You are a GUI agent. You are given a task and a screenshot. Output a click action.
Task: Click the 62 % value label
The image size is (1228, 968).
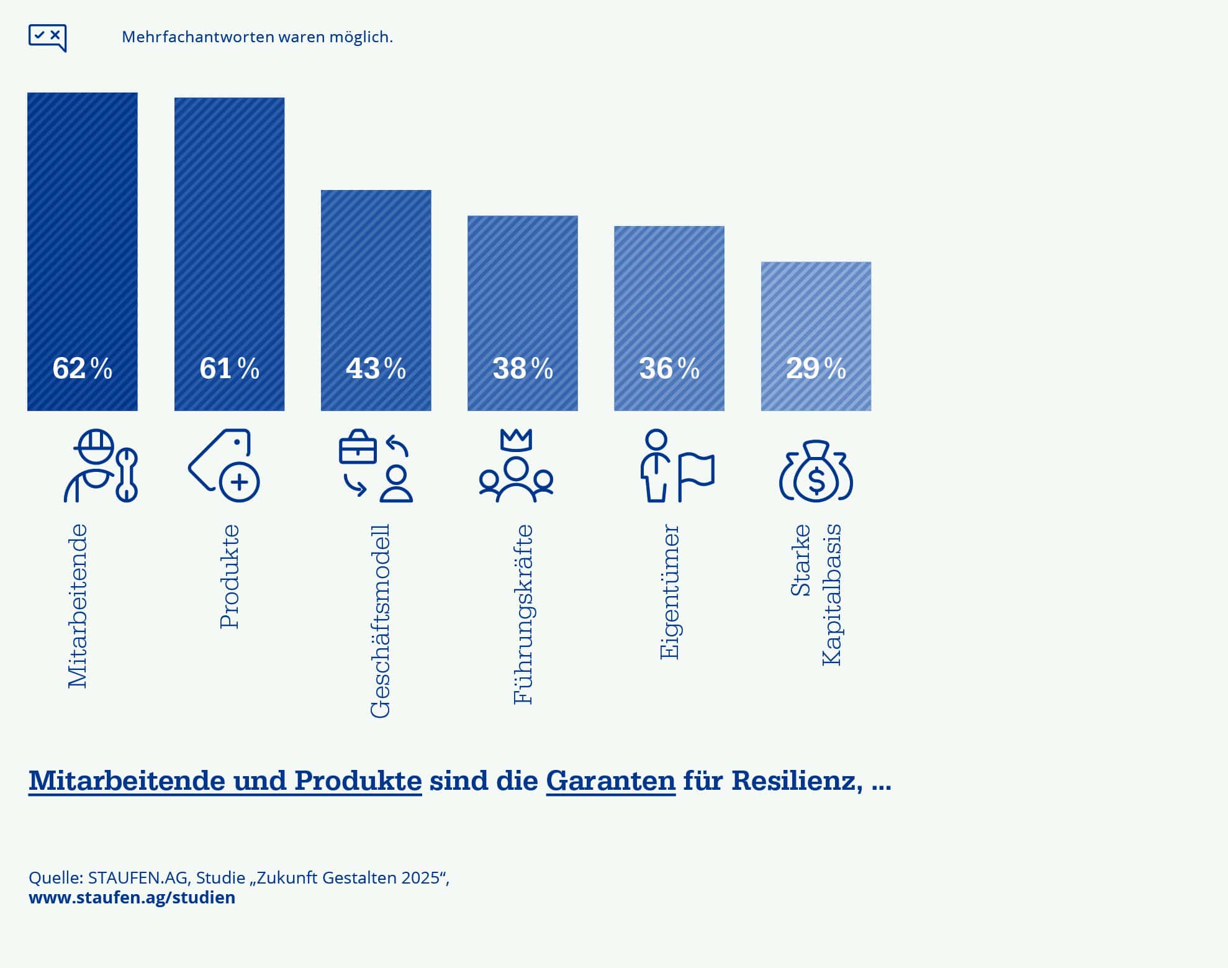point(82,368)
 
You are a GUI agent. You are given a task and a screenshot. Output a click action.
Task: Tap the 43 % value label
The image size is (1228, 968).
point(376,368)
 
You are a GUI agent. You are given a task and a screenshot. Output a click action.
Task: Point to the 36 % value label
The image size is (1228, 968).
point(669,368)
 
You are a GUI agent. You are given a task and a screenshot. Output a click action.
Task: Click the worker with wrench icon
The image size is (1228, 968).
point(100,466)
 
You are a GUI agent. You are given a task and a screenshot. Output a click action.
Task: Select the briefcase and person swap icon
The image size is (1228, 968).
point(376,466)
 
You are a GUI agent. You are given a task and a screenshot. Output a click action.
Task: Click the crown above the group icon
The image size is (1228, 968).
point(516,440)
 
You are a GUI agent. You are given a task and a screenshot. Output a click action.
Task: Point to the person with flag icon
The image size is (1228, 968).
point(677,466)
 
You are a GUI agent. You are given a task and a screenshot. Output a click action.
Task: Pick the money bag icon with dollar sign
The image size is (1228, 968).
point(816,471)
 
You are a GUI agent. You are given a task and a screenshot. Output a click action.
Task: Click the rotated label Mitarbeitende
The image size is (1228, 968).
point(78,606)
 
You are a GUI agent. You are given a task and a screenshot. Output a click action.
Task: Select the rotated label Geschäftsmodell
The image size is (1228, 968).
point(380,621)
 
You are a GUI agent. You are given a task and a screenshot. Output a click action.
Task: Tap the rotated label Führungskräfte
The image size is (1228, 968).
point(523,614)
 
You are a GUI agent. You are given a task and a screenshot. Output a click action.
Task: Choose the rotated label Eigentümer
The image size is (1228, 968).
point(669,592)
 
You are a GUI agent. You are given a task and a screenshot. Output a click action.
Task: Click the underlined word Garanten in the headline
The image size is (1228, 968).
point(610,780)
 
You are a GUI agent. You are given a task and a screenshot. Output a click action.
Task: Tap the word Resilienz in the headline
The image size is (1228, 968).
point(797,780)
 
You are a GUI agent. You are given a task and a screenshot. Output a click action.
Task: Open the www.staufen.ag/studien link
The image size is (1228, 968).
point(132,898)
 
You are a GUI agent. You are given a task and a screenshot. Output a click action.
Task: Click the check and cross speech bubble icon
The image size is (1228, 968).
point(47,37)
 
